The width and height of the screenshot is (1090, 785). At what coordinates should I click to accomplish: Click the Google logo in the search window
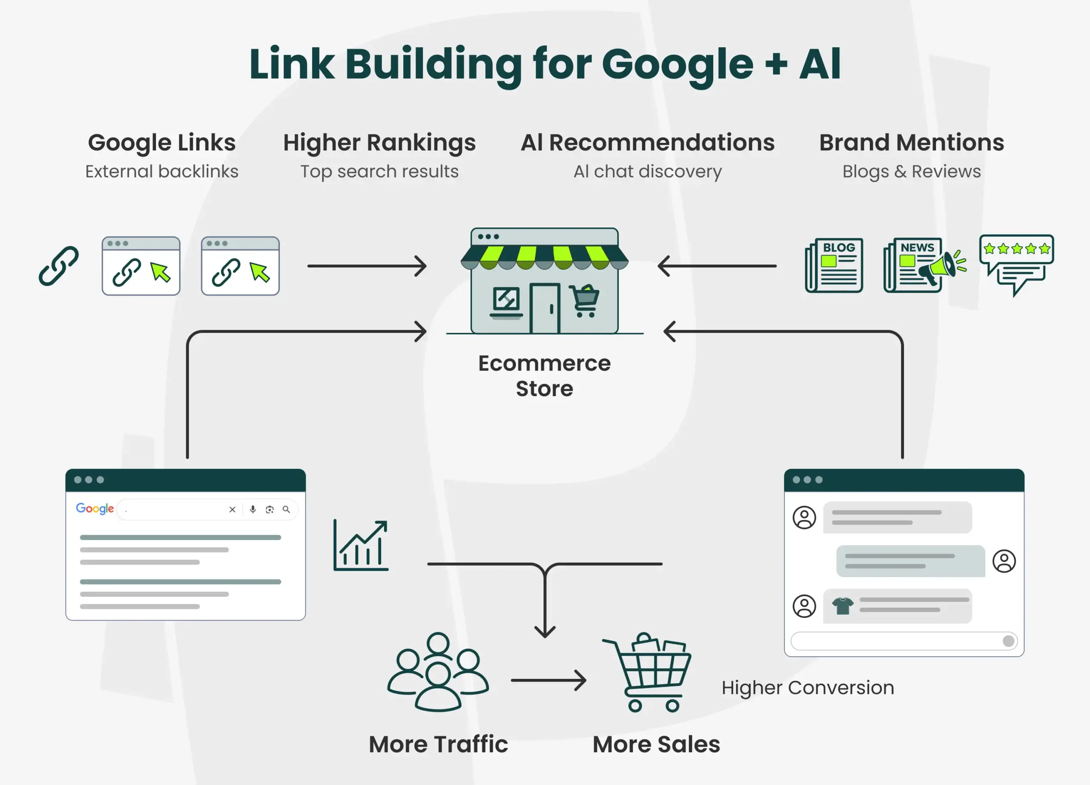95,509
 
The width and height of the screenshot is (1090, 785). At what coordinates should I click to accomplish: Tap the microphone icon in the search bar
253,509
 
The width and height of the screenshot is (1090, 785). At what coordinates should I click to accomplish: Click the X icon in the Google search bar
232,509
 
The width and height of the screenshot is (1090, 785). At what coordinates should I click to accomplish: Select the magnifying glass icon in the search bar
286,509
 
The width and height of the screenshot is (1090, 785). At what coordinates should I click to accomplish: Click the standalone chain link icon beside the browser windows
59,266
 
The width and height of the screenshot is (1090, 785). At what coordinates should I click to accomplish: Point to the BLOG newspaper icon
835,265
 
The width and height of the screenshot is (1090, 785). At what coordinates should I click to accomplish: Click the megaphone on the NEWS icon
937,267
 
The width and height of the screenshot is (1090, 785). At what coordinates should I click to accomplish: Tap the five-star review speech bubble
1016,262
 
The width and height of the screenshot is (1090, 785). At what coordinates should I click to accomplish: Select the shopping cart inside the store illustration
585,300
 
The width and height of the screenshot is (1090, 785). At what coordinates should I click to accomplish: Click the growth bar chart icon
361,546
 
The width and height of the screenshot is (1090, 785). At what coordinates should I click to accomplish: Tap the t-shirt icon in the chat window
843,606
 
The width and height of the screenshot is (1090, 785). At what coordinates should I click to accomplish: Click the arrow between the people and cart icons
548,680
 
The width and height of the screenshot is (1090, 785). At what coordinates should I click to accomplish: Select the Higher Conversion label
807,687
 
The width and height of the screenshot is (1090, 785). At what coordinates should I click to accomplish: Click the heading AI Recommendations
647,143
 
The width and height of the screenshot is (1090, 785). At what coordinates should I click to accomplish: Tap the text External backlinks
161,172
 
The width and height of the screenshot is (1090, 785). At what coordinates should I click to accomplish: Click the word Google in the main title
677,64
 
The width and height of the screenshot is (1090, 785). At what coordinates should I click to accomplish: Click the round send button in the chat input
1008,641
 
